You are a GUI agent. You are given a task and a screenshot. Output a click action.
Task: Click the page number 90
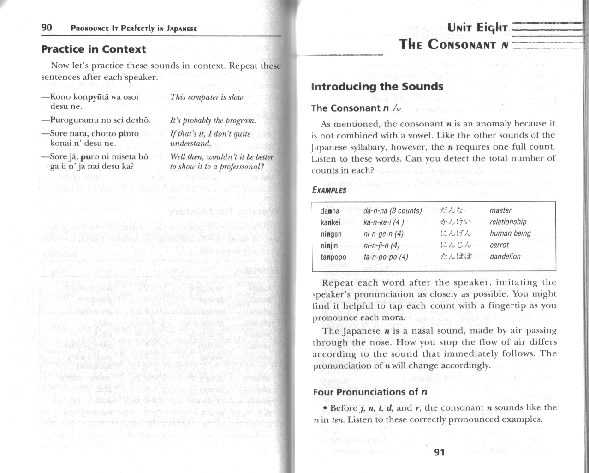pos(47,28)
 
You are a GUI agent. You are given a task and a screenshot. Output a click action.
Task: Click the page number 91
pos(439,452)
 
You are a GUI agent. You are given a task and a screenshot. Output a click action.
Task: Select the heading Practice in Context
pos(93,49)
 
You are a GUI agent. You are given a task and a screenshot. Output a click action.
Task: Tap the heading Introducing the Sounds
pos(377,87)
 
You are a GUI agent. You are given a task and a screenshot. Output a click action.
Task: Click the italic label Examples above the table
pos(329,190)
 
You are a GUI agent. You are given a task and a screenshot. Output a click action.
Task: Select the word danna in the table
pos(330,211)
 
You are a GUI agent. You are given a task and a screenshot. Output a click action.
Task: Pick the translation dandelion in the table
pos(505,257)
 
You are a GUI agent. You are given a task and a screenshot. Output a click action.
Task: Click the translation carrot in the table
pos(499,245)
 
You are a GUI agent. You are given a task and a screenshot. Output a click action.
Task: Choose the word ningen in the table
pos(331,234)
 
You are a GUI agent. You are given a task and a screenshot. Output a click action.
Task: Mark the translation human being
pos(510,234)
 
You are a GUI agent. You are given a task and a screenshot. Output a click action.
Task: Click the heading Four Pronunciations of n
pos(370,392)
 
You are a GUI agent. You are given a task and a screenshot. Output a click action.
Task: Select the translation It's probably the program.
pos(213,121)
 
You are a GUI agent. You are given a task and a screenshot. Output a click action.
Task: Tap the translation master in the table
pos(500,210)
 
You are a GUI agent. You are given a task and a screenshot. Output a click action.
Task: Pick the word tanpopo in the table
pos(333,257)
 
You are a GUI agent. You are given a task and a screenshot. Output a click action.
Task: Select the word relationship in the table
pos(508,222)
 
